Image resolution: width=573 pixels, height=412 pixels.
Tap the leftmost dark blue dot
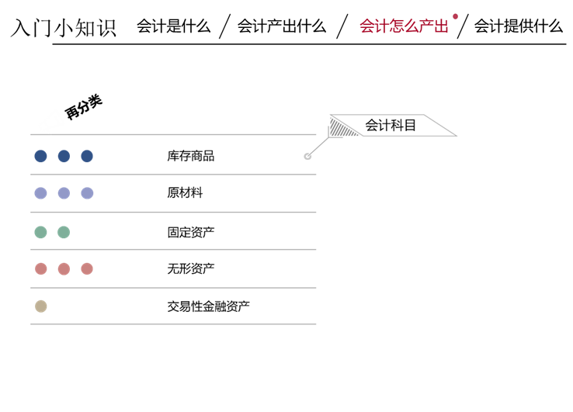pyautogui.click(x=40, y=156)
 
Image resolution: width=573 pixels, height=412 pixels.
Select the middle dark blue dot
pyautogui.click(x=64, y=156)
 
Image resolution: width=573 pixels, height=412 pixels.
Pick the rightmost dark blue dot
pyautogui.click(x=87, y=156)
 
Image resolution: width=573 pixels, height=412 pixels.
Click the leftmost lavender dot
pyautogui.click(x=40, y=193)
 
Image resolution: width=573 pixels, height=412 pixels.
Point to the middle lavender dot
pyautogui.click(x=64, y=193)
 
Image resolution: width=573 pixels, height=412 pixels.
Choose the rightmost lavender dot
pyautogui.click(x=87, y=193)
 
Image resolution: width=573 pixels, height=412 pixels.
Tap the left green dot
pyautogui.click(x=40, y=232)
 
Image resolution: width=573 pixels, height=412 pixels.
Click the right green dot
pyautogui.click(x=64, y=232)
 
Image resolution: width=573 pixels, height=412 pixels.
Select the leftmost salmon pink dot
pyautogui.click(x=40, y=268)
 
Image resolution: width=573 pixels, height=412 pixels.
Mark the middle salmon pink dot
pyautogui.click(x=64, y=268)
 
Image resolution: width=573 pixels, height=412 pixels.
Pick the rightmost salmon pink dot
pyautogui.click(x=87, y=268)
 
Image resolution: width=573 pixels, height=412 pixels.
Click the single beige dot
pyautogui.click(x=40, y=306)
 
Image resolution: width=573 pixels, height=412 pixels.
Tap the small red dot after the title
pyautogui.click(x=455, y=16)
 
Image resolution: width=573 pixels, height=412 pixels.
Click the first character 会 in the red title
pyautogui.click(x=367, y=26)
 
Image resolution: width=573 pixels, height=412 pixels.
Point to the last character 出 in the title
pyautogui.click(x=441, y=26)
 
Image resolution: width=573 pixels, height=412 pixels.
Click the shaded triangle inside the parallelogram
pyautogui.click(x=342, y=127)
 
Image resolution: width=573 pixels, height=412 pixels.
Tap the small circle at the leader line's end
pyautogui.click(x=307, y=156)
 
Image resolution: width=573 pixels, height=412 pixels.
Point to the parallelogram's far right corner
pyautogui.click(x=457, y=137)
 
